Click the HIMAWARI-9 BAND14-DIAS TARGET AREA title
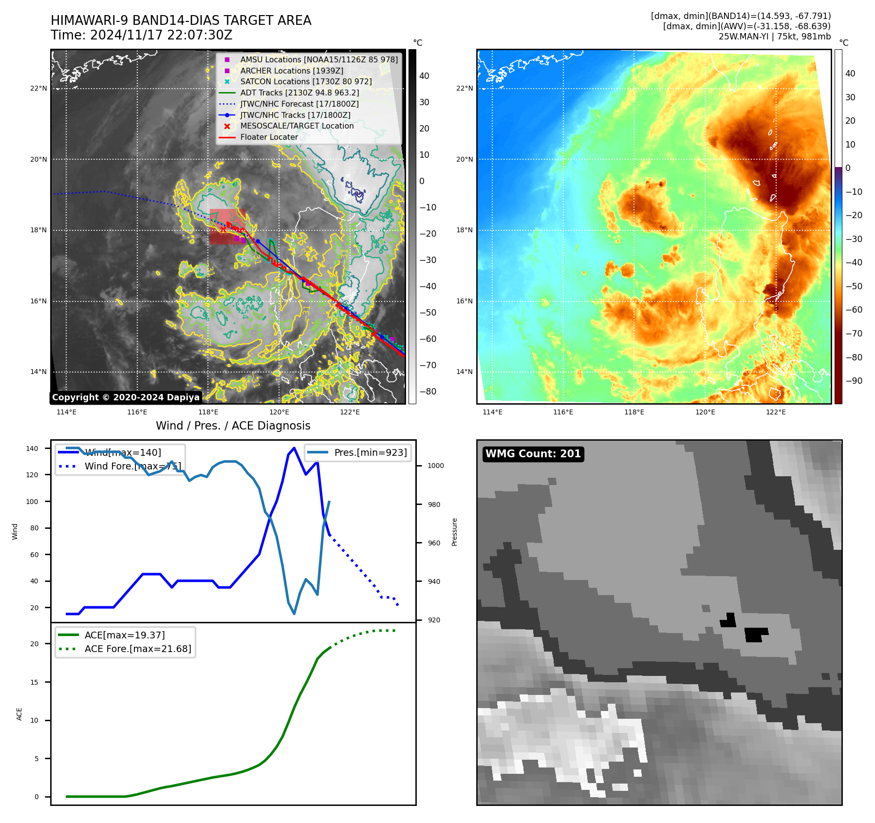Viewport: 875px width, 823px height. [181, 20]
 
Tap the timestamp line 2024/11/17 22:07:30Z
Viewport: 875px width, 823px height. [142, 36]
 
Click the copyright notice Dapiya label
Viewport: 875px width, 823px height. [126, 397]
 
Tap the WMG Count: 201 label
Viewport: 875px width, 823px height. [533, 454]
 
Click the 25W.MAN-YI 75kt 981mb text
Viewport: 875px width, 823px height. [774, 37]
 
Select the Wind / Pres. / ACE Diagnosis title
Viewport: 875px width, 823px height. [233, 426]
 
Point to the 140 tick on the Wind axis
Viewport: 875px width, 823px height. [32, 449]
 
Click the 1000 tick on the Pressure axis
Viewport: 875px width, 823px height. [435, 466]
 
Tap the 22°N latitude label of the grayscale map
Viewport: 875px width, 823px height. [38, 88]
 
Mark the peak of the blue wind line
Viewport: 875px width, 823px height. [294, 448]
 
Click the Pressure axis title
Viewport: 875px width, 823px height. [454, 532]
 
